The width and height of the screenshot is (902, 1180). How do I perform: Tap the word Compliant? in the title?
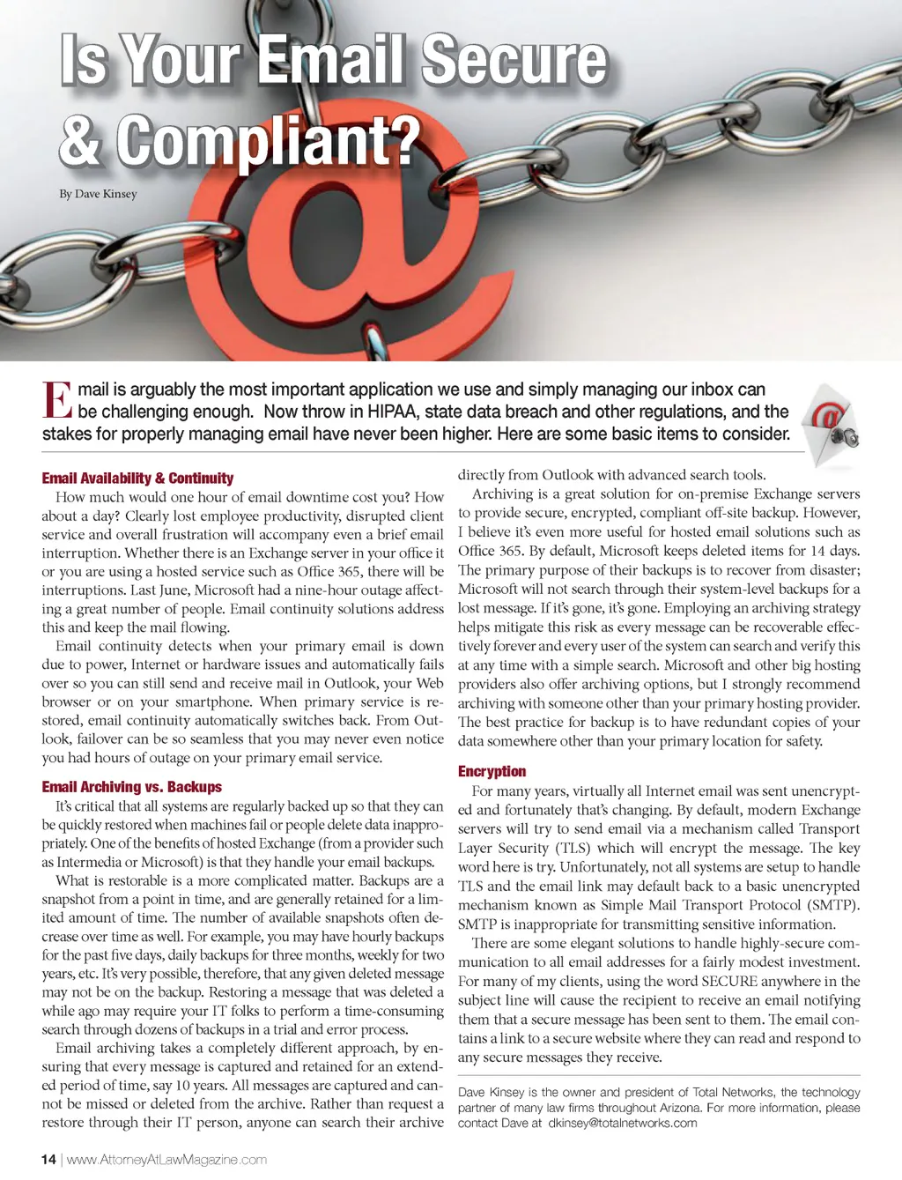269,140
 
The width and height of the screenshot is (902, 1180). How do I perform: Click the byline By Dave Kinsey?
98,194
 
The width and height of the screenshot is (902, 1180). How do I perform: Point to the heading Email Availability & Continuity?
137,479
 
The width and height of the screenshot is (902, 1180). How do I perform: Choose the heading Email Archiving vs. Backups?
131,787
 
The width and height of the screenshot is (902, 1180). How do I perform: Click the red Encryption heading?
492,771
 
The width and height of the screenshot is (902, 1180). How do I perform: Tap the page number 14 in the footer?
48,1160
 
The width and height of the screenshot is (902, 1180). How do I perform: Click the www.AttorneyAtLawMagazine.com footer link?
166,1160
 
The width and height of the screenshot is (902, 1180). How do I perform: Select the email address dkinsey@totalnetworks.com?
622,1124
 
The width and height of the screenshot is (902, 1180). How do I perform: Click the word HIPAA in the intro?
389,412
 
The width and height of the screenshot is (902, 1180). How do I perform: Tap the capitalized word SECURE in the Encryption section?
729,981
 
